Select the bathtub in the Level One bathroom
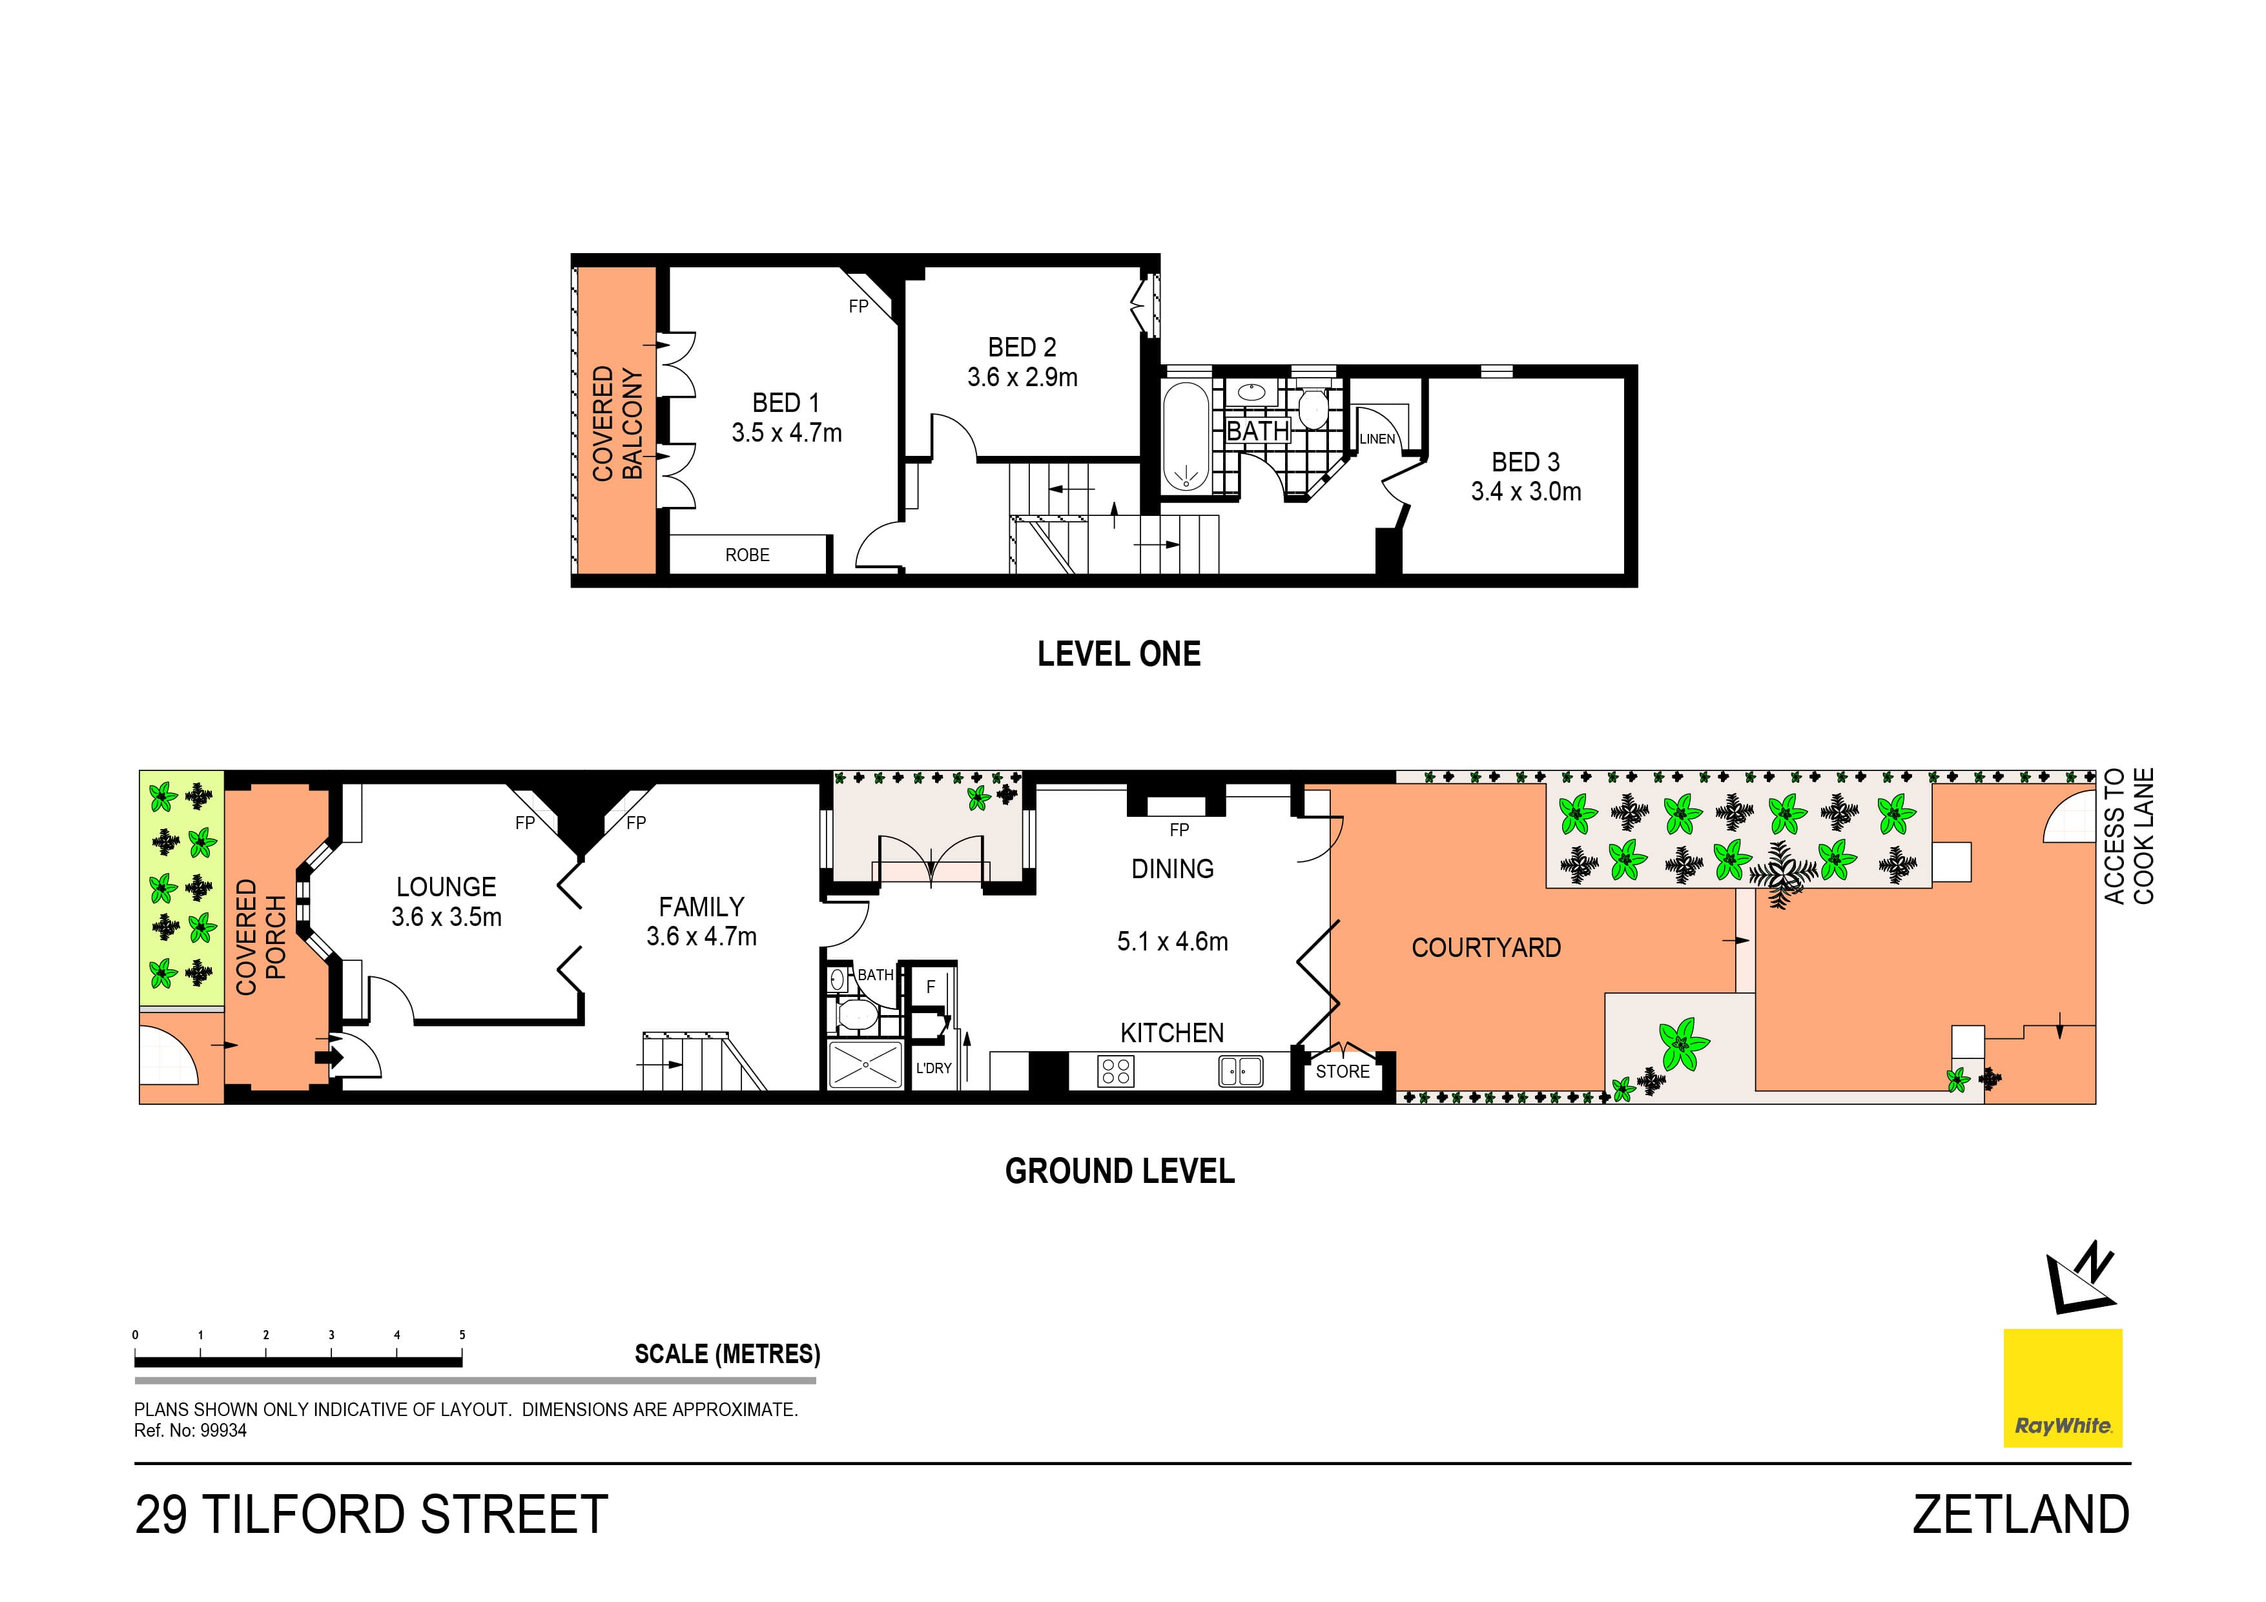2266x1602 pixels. tap(1184, 436)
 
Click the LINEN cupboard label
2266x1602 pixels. tap(1377, 439)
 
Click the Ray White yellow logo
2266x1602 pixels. tap(2062, 1388)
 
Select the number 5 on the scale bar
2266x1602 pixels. tap(462, 1335)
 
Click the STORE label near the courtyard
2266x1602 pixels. tap(1343, 1071)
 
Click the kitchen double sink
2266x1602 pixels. tap(1241, 1070)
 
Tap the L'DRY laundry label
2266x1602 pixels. tap(934, 1068)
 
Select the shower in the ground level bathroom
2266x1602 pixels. tap(865, 1065)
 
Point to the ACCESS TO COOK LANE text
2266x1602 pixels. tap(2129, 836)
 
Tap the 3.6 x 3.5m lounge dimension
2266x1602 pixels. tap(446, 917)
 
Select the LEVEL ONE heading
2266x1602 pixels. tap(1118, 653)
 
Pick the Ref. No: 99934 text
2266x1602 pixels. tap(191, 1430)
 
